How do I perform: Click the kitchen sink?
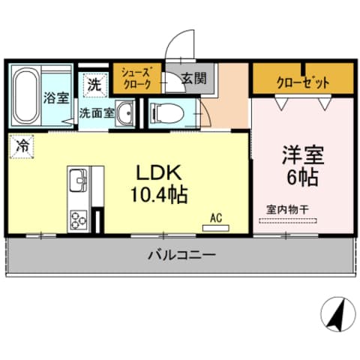[78, 182]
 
